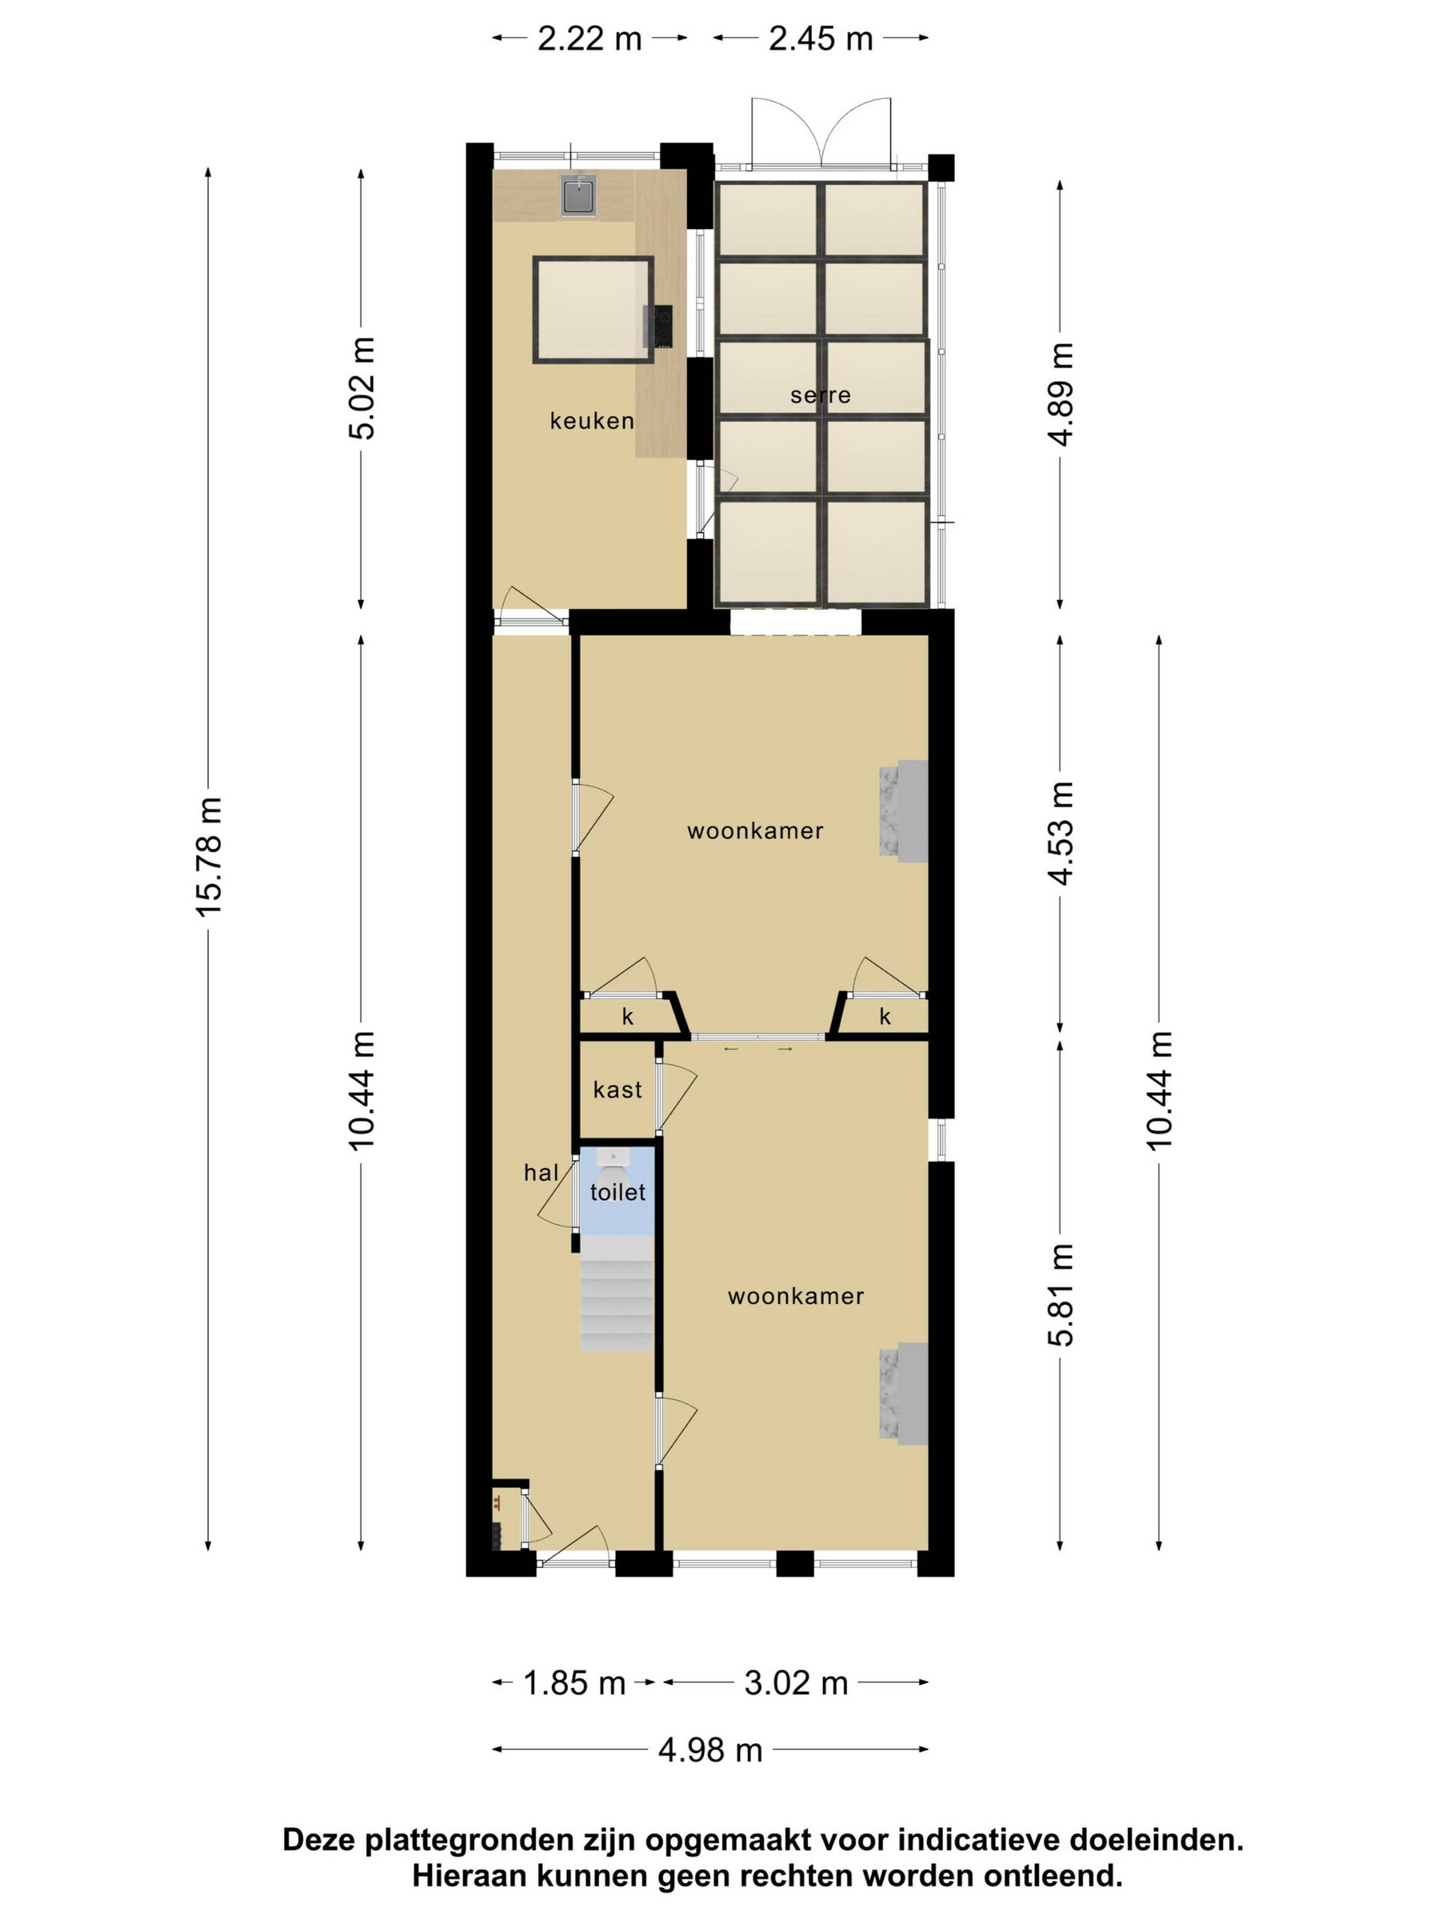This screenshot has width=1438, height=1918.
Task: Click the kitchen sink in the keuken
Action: [577, 195]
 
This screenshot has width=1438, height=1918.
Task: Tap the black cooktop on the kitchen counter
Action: [657, 327]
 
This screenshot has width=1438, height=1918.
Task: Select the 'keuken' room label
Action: [592, 421]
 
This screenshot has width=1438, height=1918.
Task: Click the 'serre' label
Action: [820, 396]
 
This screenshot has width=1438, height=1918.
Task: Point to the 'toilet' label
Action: [617, 1192]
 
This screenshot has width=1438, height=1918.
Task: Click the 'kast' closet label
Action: [617, 1090]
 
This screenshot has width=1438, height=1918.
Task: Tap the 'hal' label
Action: [541, 1173]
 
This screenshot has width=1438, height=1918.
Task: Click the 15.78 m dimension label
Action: [209, 855]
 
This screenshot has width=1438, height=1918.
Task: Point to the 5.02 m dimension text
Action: [362, 388]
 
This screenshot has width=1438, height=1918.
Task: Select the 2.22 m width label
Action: [589, 39]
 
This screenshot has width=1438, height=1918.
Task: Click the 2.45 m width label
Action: [820, 39]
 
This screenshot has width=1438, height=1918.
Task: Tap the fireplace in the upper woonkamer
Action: [903, 811]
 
